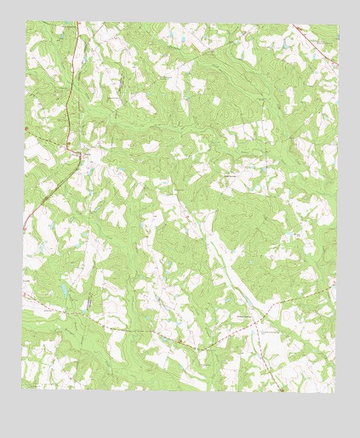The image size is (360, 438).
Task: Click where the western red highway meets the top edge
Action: (x=75, y=23)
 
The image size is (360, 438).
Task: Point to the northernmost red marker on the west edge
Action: (x=26, y=128)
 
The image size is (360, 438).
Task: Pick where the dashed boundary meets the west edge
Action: (x=23, y=297)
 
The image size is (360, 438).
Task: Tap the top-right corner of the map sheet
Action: (x=337, y=25)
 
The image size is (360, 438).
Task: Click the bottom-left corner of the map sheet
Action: (x=21, y=388)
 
